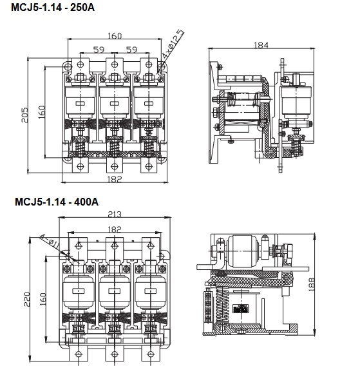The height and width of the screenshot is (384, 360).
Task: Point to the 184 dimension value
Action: (261, 46)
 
